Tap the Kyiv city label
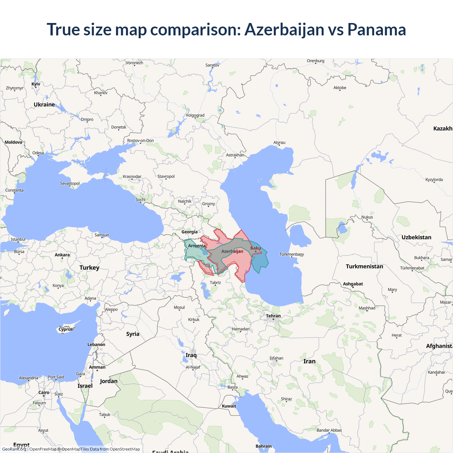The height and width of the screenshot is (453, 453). click(36, 84)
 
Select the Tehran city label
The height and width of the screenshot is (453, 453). click(273, 316)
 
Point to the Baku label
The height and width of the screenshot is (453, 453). click(256, 248)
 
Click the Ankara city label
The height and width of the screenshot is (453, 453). click(62, 255)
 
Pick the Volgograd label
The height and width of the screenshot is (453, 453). click(195, 115)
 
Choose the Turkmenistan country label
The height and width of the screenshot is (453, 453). click(364, 266)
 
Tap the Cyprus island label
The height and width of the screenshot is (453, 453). click(65, 329)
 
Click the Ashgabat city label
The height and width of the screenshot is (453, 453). click(353, 284)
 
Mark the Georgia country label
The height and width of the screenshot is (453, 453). click(189, 232)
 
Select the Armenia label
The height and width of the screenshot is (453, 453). click(197, 246)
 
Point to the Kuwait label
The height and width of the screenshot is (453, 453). click(229, 406)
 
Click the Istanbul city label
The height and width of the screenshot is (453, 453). click(18, 239)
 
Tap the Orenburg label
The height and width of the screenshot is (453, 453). click(315, 61)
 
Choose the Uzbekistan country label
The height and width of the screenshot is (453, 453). click(416, 237)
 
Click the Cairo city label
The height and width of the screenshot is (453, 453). click(44, 392)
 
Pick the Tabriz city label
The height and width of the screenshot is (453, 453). click(215, 282)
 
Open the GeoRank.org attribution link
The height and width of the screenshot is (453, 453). click(14, 449)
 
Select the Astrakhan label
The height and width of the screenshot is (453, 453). click(235, 155)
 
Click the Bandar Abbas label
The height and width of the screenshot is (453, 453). click(329, 430)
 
